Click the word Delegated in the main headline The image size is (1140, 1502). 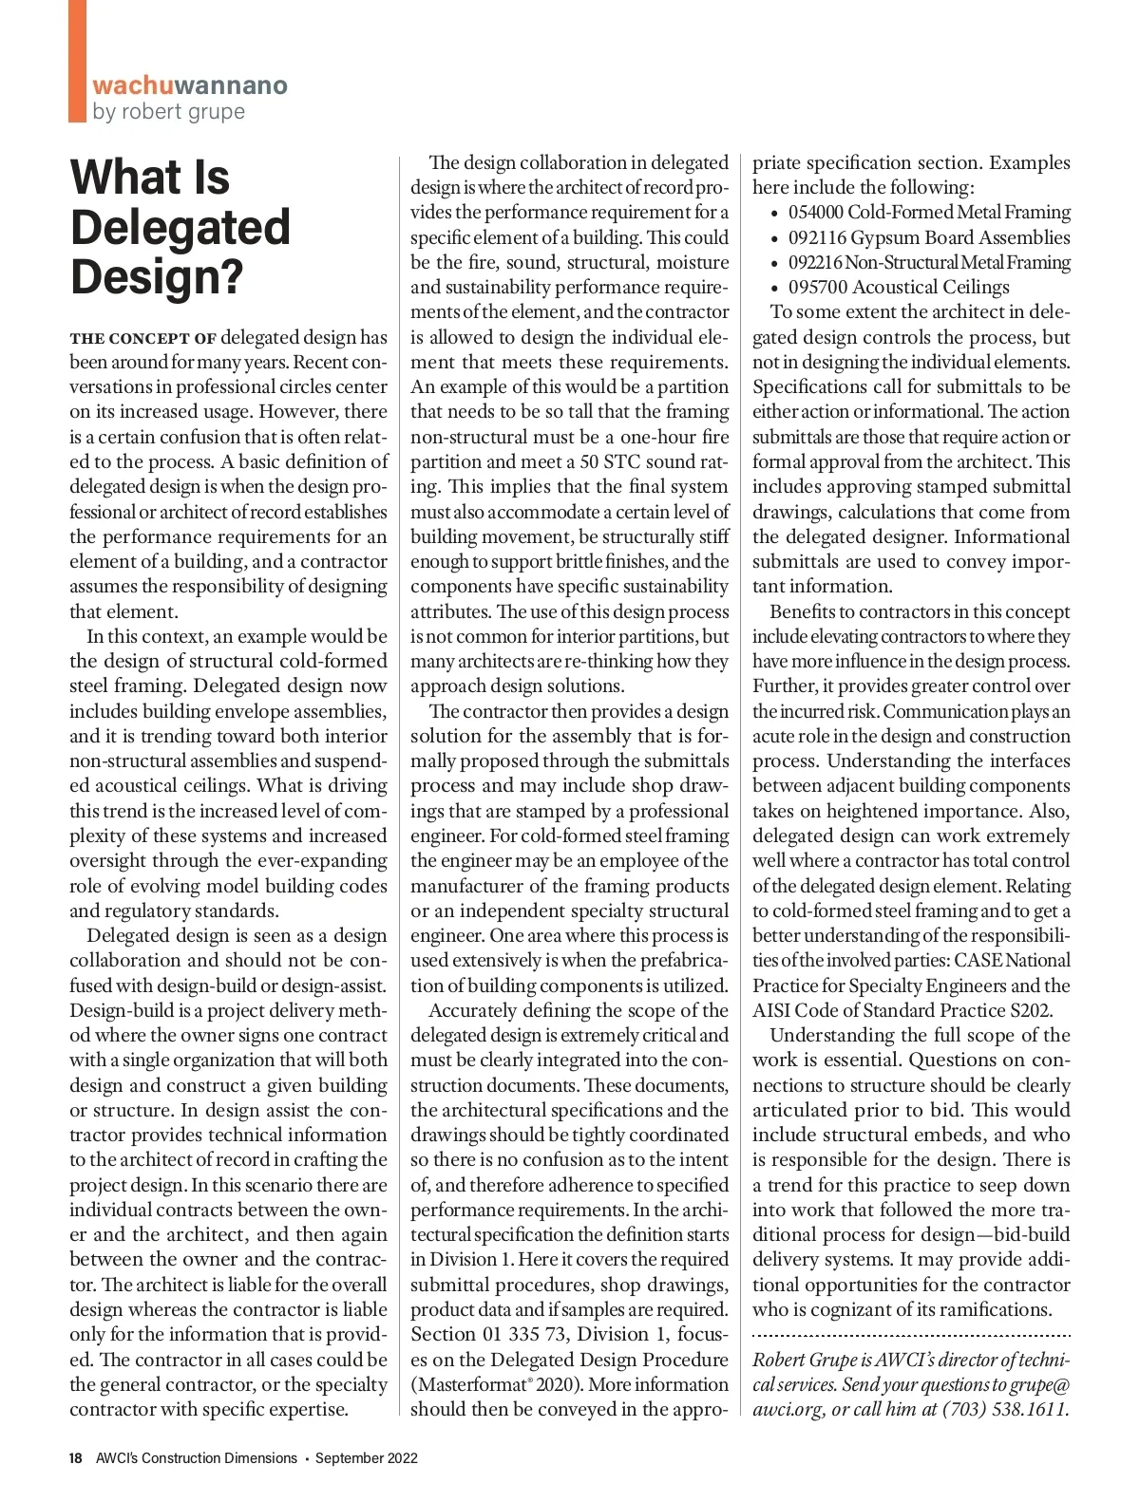[180, 228]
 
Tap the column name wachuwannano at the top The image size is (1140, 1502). [189, 85]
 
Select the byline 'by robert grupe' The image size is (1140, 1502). [168, 111]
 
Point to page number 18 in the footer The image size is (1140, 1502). [76, 1457]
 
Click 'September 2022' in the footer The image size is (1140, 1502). [367, 1457]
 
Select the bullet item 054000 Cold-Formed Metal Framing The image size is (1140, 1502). [928, 213]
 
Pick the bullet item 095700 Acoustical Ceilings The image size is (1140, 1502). [898, 287]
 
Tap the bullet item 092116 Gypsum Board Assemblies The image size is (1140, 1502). [928, 237]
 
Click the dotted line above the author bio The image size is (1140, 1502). [911, 1335]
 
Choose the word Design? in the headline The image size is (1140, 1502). [157, 277]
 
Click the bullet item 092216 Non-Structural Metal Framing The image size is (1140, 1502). [928, 262]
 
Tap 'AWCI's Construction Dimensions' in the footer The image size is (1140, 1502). [196, 1457]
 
